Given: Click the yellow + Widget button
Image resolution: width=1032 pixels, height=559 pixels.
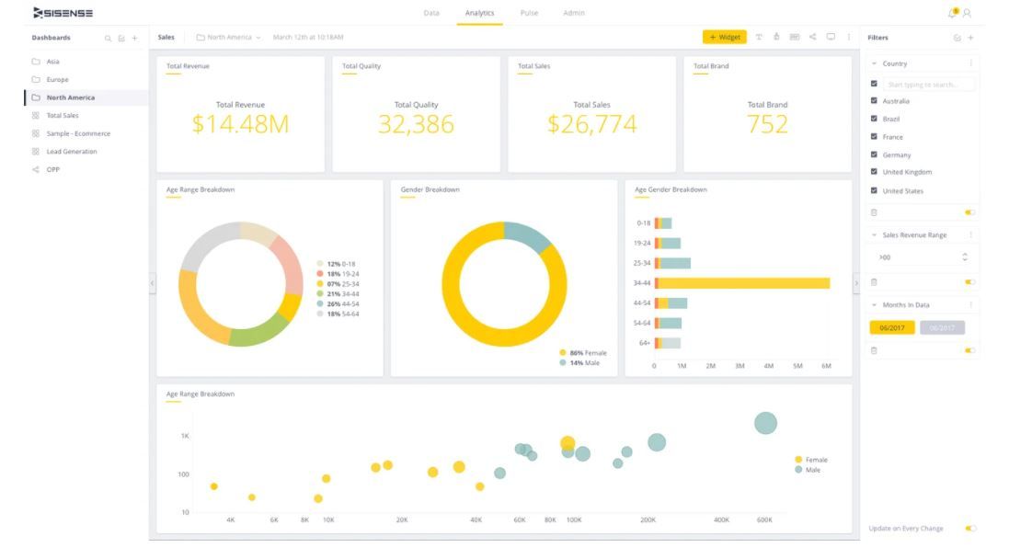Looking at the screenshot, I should click(x=724, y=38).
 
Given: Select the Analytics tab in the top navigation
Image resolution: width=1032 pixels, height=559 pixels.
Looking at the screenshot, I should click(x=479, y=13).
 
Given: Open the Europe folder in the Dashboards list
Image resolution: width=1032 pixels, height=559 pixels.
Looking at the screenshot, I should click(x=57, y=80).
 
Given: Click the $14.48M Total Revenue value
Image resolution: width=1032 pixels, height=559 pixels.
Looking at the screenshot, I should click(x=240, y=124).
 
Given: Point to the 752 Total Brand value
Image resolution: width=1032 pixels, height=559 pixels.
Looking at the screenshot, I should click(x=767, y=124).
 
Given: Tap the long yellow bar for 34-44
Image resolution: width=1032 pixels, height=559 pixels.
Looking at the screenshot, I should click(x=744, y=283).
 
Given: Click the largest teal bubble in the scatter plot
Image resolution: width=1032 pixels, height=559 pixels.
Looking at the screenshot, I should click(x=765, y=423).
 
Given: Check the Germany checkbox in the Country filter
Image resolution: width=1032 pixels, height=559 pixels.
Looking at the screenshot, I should click(x=874, y=154).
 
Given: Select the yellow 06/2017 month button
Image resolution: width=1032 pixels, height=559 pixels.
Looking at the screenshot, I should click(x=891, y=328).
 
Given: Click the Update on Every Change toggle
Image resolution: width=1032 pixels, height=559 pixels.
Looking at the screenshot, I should click(x=970, y=529).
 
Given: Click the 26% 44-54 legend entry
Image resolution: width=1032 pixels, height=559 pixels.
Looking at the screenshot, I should click(x=342, y=304).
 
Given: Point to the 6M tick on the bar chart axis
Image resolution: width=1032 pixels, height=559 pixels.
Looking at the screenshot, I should click(x=826, y=366).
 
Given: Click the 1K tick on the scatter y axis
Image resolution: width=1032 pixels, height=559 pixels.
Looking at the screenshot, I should click(x=185, y=436).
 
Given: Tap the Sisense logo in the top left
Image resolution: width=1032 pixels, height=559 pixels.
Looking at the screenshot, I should click(x=63, y=13).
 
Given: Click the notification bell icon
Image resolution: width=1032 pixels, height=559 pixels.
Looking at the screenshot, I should click(x=952, y=13).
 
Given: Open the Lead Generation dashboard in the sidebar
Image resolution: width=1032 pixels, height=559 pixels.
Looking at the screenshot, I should click(x=72, y=152).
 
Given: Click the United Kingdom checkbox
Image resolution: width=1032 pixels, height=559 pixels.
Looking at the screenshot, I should click(x=874, y=172).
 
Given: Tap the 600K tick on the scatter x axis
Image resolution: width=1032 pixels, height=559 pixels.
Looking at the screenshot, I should click(x=764, y=520).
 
